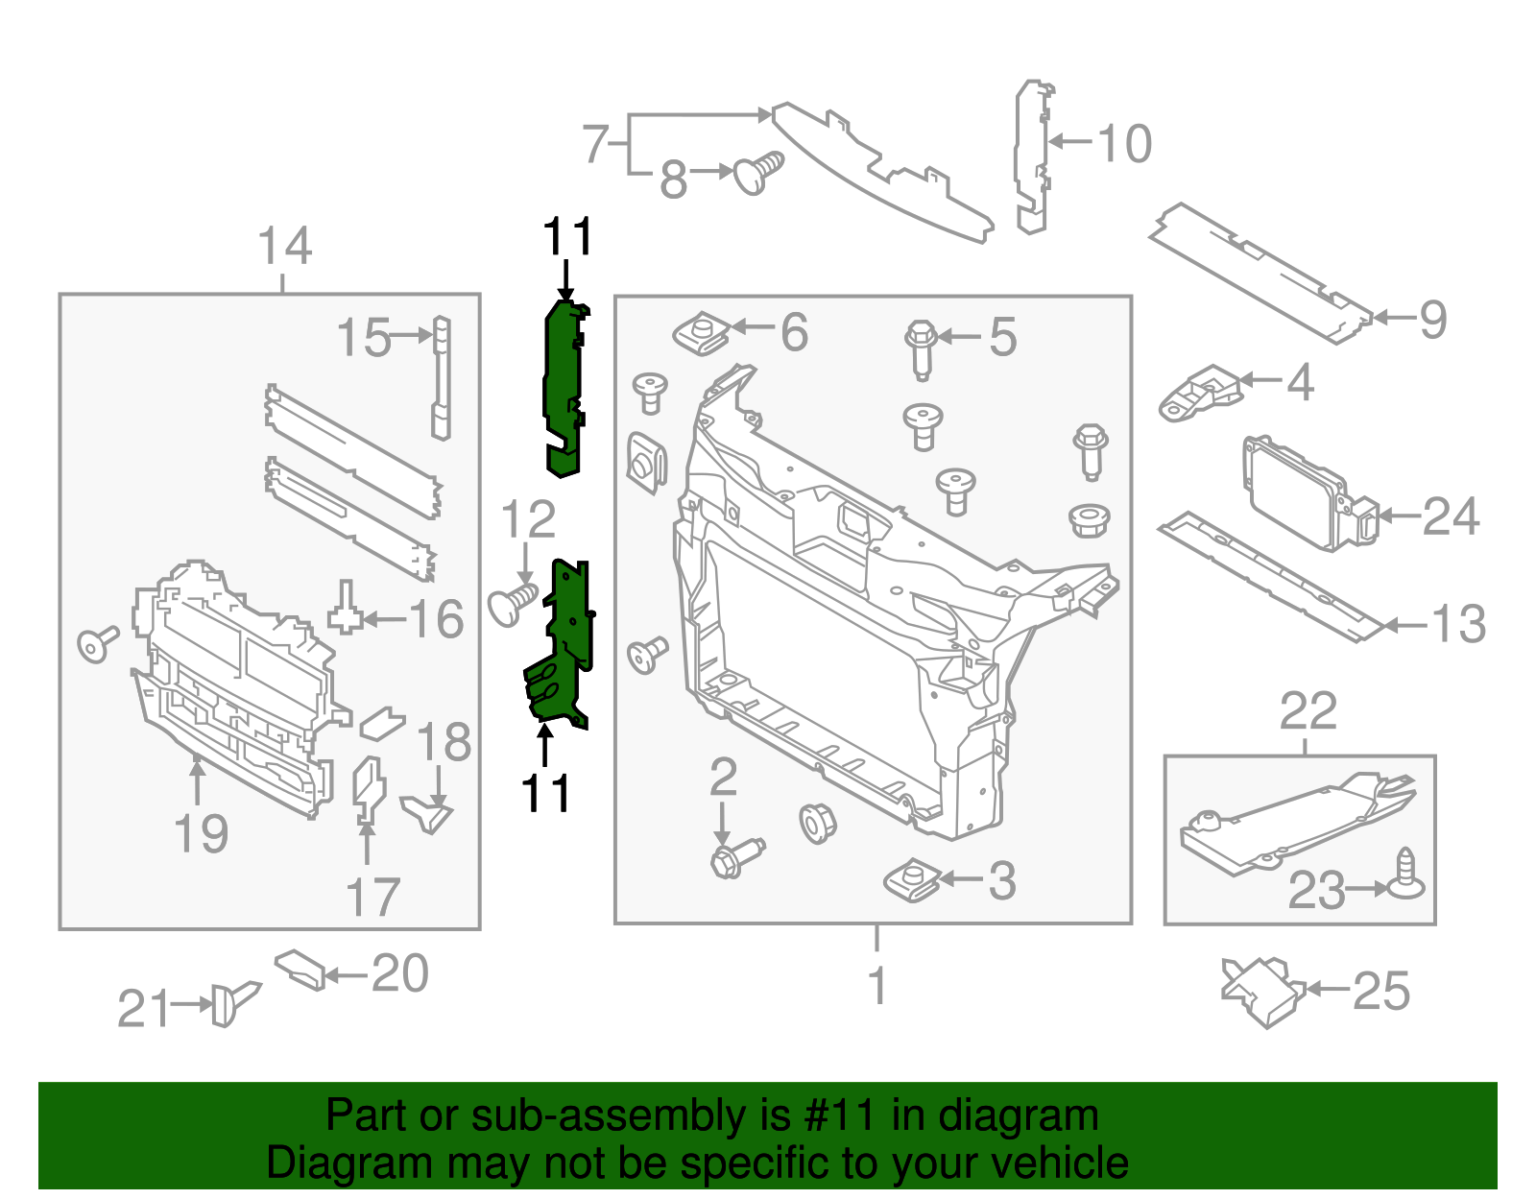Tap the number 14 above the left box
tap(285, 247)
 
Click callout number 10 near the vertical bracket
tap(1124, 144)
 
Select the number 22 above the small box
tap(1308, 711)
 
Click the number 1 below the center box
tap(876, 986)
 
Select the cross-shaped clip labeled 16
tap(346, 609)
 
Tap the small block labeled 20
tap(300, 969)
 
